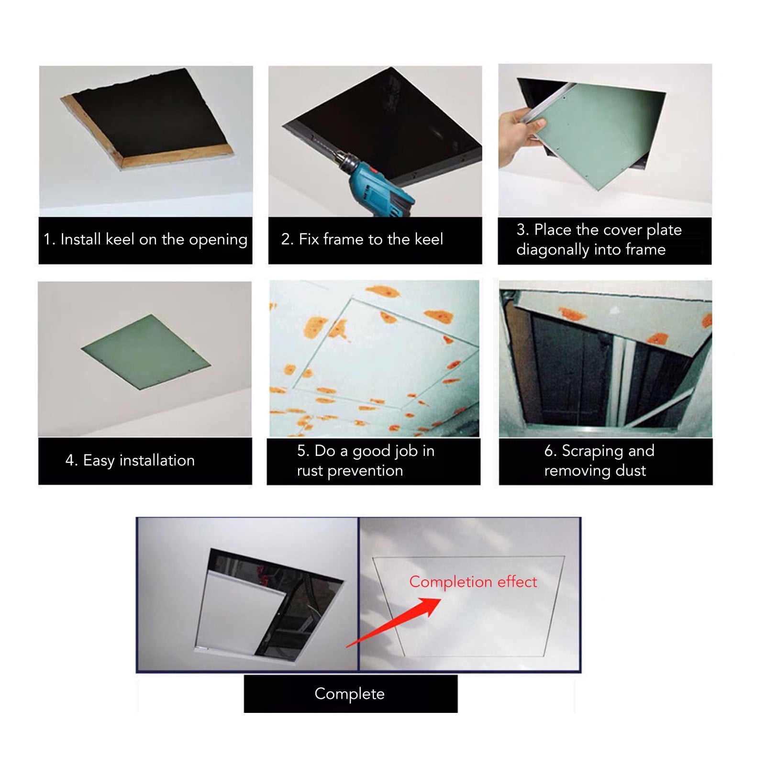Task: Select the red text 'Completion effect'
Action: (x=473, y=582)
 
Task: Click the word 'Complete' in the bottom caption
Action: (x=350, y=694)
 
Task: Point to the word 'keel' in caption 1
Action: (x=120, y=239)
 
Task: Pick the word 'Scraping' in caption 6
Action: (x=592, y=451)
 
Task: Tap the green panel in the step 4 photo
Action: (x=146, y=352)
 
